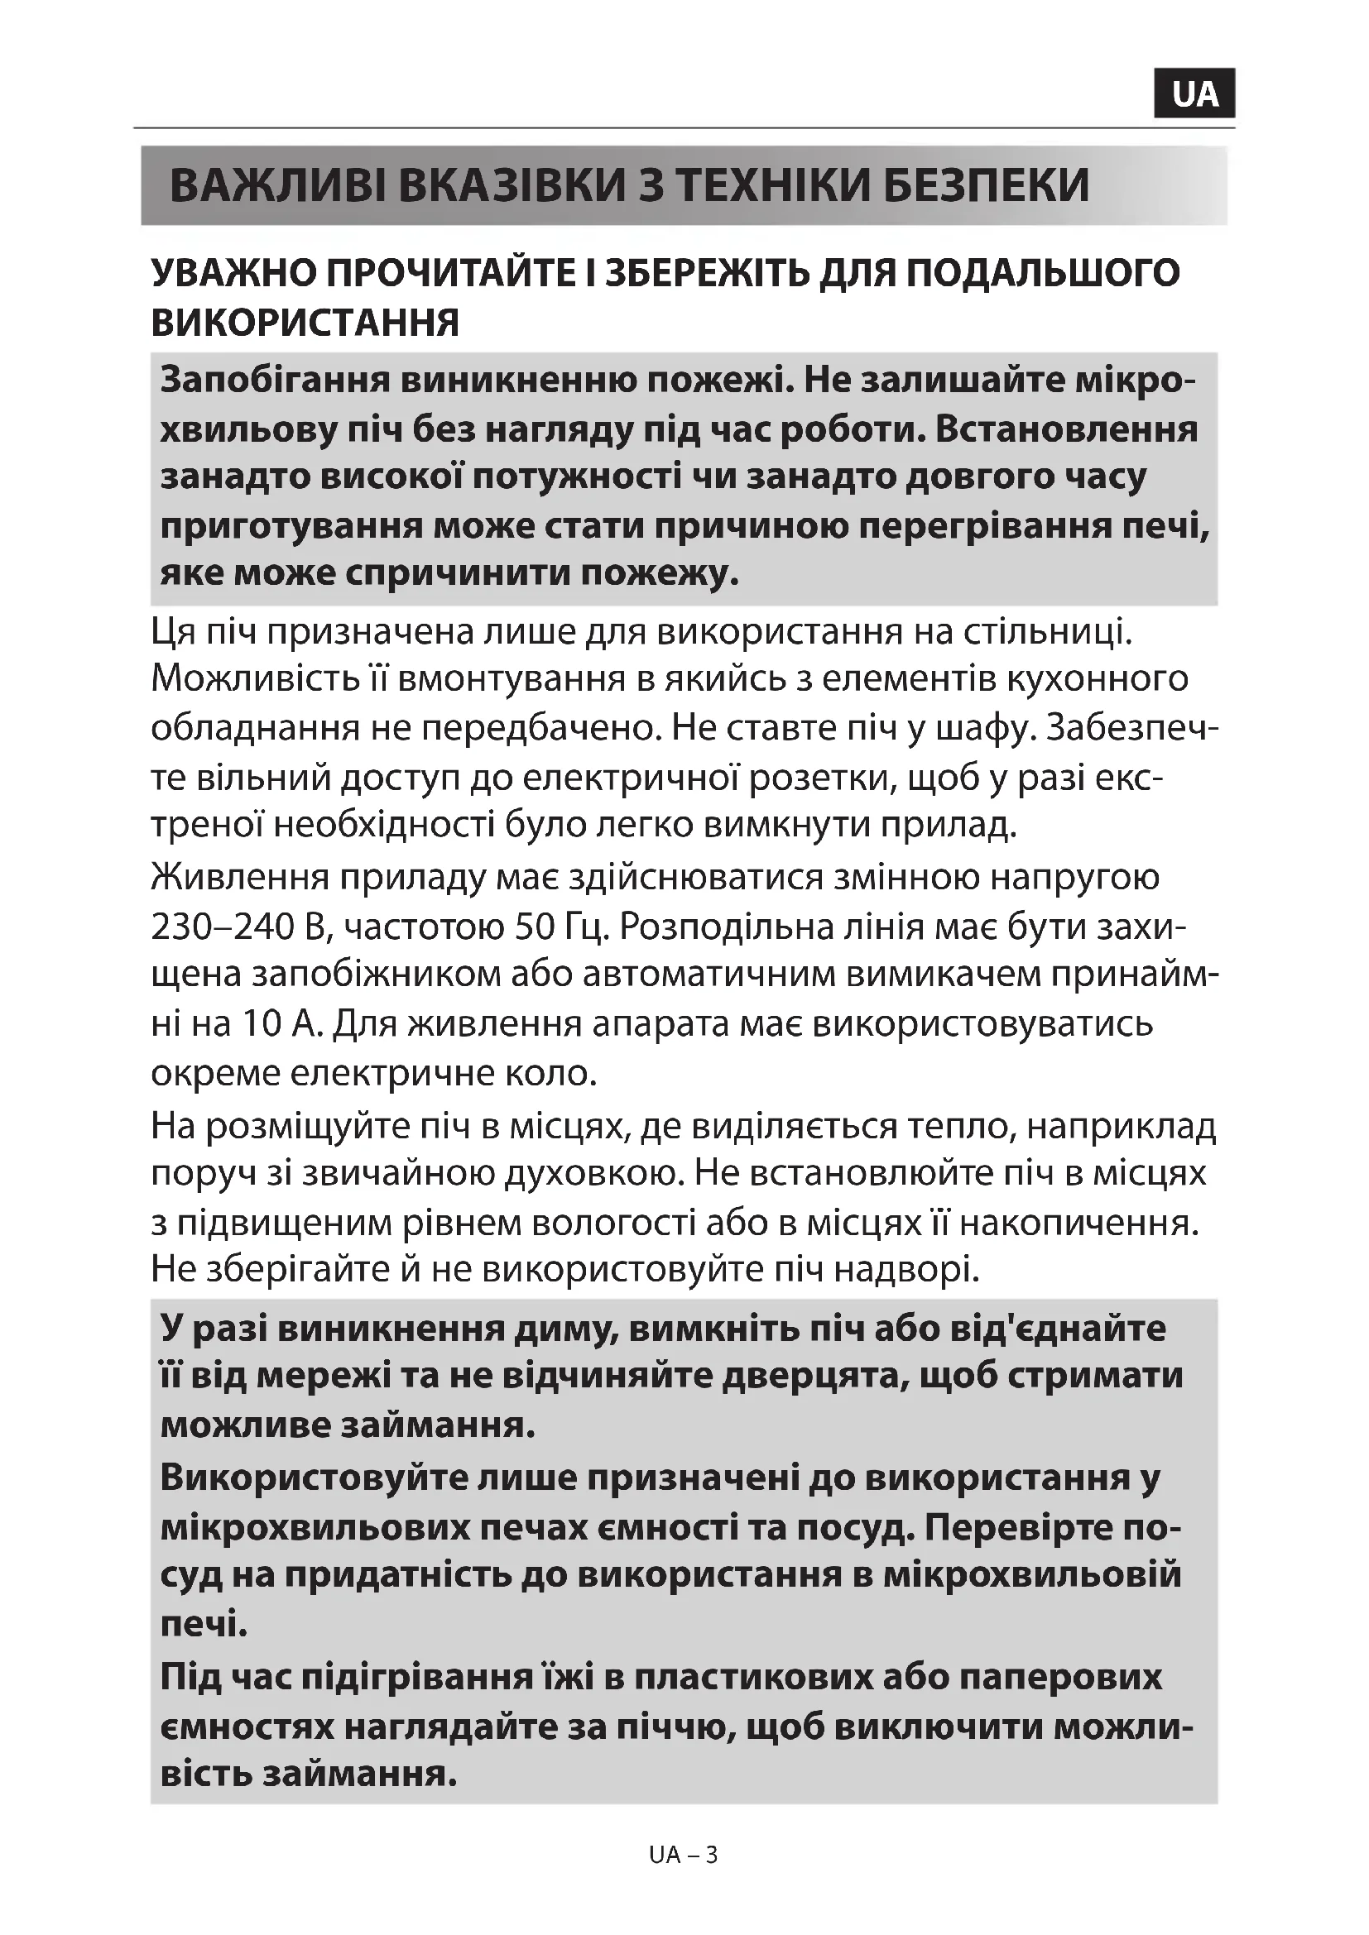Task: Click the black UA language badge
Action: point(1194,93)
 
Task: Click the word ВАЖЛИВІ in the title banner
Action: point(277,186)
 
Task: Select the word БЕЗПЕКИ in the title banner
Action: point(986,186)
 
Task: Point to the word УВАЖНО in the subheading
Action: point(232,273)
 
